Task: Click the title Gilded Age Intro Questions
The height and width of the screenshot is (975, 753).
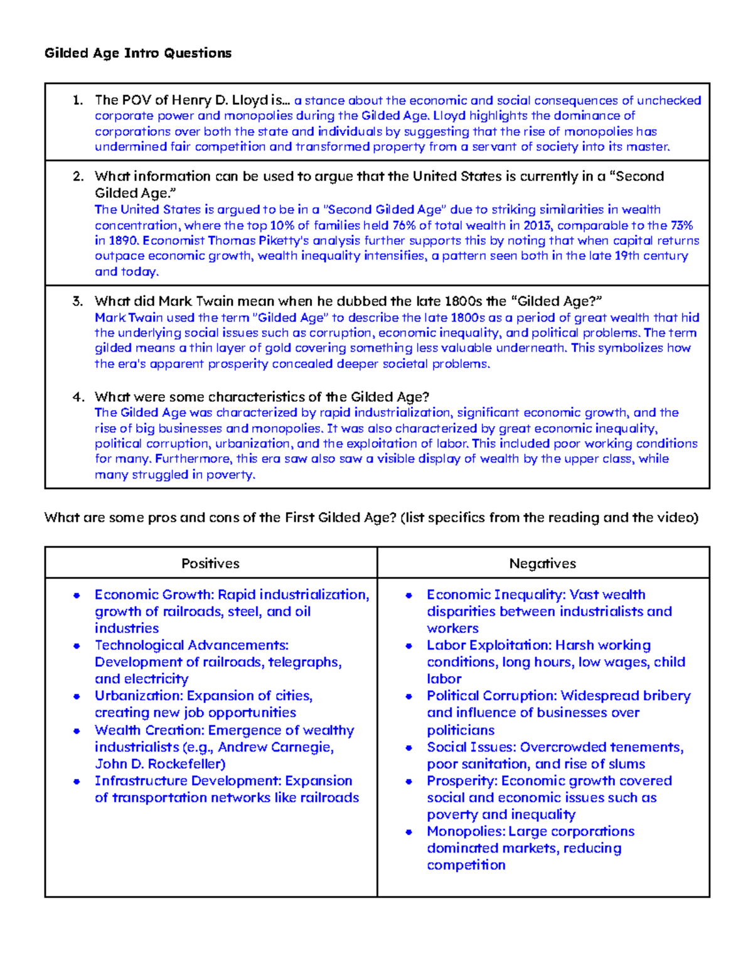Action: pos(138,53)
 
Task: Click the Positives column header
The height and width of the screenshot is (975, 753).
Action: pos(210,563)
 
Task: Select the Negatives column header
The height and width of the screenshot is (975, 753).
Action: pos(542,563)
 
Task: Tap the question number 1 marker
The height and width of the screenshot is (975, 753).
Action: pos(77,100)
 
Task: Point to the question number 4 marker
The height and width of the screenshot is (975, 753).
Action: pos(78,397)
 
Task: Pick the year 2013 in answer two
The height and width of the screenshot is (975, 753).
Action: pos(537,225)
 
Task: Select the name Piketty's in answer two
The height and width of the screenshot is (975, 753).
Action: pos(284,240)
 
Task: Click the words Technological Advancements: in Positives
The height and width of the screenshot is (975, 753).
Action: pos(191,645)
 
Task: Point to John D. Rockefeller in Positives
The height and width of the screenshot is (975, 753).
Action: pos(160,764)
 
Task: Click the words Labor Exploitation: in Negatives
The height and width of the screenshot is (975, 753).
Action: pos(489,645)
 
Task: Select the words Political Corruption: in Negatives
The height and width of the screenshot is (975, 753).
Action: pos(492,696)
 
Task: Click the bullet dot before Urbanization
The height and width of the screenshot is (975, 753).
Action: pos(77,696)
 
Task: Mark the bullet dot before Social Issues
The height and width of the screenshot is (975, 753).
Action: pos(409,747)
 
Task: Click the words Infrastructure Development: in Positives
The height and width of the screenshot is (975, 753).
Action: pos(188,781)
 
